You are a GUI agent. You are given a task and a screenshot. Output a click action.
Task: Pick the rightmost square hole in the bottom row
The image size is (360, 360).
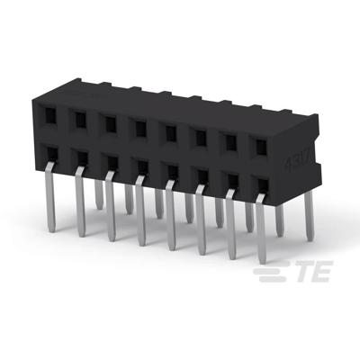261,184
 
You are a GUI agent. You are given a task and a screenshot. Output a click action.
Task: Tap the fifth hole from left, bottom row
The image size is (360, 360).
169,169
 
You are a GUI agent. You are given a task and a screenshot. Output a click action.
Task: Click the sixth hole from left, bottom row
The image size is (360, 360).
200,174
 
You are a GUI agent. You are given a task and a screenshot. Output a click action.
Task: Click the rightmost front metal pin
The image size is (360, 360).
261,229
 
